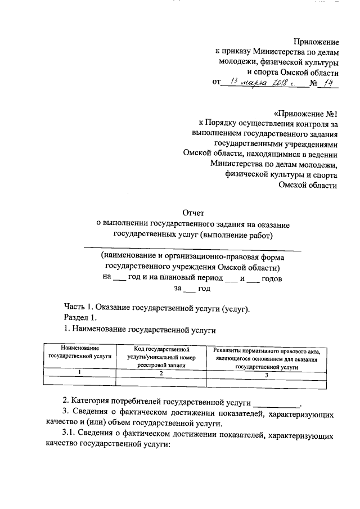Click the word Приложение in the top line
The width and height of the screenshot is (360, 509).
(x=317, y=42)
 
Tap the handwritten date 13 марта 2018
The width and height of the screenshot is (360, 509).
(x=264, y=83)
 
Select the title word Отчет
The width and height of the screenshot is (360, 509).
(x=193, y=213)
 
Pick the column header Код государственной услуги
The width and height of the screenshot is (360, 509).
(x=160, y=357)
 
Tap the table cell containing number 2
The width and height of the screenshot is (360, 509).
(x=161, y=373)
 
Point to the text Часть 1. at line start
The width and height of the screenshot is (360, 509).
(x=77, y=308)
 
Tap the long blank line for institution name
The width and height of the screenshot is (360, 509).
(x=192, y=247)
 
